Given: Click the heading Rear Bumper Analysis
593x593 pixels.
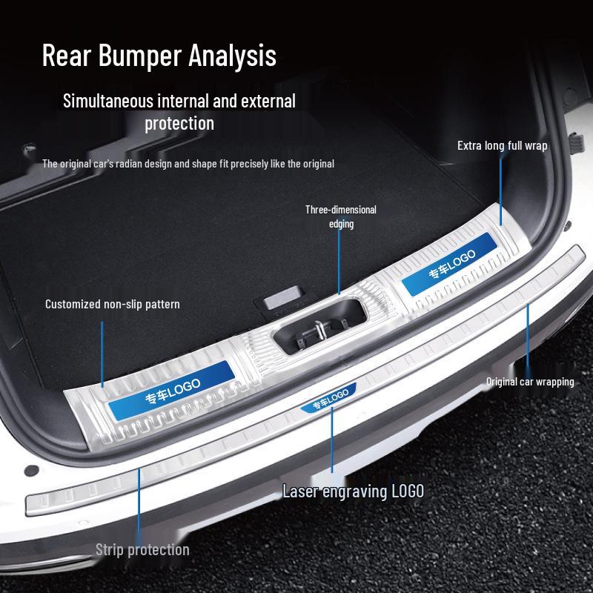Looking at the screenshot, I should point(159,56).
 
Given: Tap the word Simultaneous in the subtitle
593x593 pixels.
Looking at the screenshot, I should point(107,101).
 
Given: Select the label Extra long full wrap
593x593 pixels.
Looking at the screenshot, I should point(502,145).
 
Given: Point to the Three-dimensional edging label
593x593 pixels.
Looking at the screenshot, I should point(341,216).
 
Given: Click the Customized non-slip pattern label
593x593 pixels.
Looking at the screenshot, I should point(112,304).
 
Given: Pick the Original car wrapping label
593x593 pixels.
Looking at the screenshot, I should point(530,382).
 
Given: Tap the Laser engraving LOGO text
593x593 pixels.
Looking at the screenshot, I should point(353,491).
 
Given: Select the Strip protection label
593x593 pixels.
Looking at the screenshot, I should point(142,549).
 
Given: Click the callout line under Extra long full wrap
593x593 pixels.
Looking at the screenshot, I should point(502,189).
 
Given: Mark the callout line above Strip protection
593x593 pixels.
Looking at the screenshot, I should point(139,504).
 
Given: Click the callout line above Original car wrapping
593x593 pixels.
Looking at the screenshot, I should point(528,337).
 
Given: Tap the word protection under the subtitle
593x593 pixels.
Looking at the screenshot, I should point(179,123).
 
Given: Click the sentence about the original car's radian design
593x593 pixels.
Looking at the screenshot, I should point(188,164).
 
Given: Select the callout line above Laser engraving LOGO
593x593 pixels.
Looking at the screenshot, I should point(332,441).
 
